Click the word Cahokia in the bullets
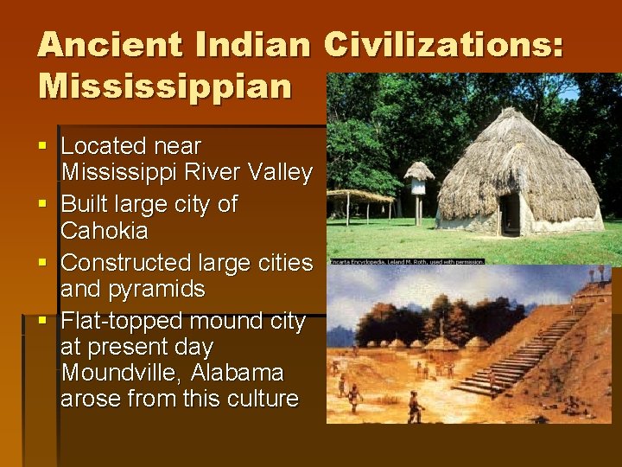click(105, 232)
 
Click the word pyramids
click(145, 289)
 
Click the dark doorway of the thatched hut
click(511, 214)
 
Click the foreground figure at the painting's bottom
click(416, 406)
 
